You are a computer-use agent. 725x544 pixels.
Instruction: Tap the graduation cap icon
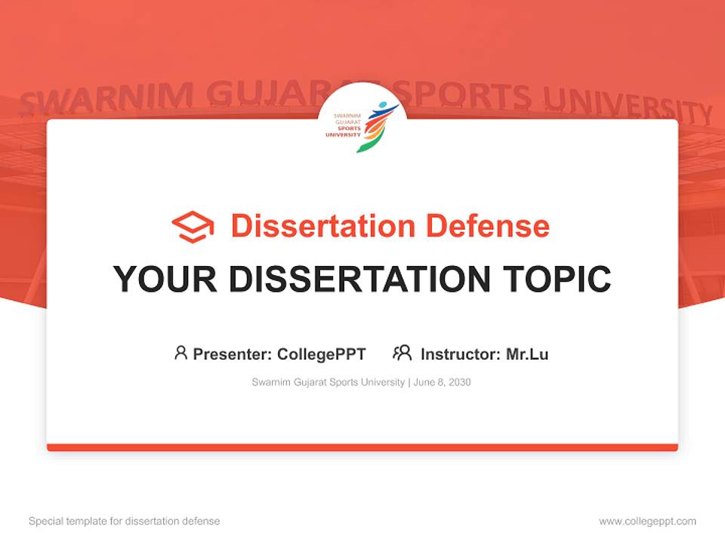click(193, 227)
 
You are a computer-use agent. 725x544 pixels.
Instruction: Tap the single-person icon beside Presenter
click(180, 353)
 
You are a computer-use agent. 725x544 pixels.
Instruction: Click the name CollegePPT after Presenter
click(322, 354)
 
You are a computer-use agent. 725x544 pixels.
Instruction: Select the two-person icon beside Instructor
click(402, 353)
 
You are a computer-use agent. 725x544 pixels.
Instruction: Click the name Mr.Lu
click(527, 354)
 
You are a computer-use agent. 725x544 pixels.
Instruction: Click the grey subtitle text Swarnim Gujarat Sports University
click(328, 382)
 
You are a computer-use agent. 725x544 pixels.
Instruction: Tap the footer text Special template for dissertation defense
click(124, 521)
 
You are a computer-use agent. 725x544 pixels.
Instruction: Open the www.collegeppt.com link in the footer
click(647, 521)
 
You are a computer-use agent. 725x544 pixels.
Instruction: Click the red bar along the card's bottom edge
click(362, 447)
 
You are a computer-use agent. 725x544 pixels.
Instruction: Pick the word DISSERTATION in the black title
click(362, 280)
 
